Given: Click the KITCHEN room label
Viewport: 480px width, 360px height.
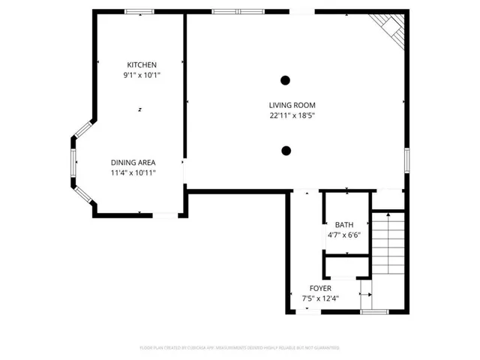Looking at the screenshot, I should click(142, 65).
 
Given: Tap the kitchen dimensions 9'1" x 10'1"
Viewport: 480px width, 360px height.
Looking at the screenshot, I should click(142, 76).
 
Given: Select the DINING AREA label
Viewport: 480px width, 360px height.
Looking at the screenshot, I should click(133, 163).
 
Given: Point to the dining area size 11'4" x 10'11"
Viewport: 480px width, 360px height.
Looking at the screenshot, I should click(133, 173).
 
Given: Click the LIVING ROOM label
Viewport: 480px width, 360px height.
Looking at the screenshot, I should click(292, 105).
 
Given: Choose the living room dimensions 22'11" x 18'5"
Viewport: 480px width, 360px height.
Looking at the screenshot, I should click(292, 115).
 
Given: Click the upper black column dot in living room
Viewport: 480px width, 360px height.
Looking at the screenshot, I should click(286, 80).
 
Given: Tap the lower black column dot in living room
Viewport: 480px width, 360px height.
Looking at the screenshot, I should click(286, 151).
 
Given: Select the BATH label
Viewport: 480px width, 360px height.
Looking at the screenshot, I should click(344, 225).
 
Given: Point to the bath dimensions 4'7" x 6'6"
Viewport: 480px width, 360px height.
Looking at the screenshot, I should click(344, 235).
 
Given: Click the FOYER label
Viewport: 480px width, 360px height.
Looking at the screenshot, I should click(320, 288).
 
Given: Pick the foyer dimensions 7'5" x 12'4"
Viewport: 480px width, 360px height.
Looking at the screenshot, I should click(320, 298).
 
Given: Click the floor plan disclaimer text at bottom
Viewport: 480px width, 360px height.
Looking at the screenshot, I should click(240, 348).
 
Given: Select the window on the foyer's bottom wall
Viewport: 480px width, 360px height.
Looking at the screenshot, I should click(373, 311).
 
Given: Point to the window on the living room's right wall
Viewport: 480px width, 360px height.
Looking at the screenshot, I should click(407, 160).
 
